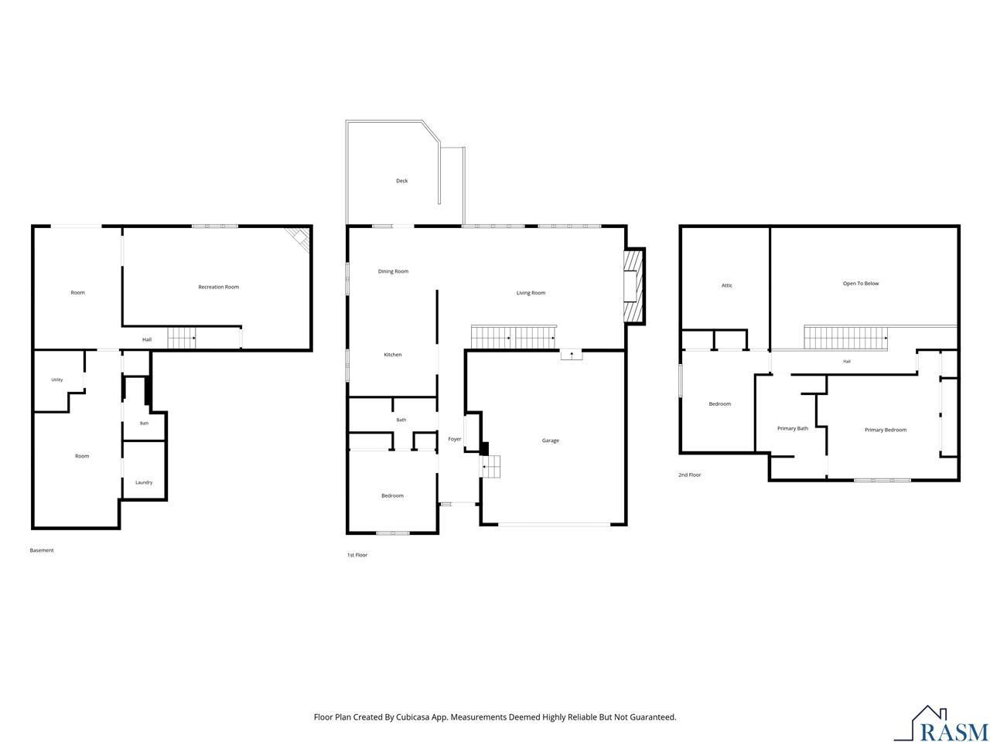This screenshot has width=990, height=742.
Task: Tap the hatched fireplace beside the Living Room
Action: point(634,286)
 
